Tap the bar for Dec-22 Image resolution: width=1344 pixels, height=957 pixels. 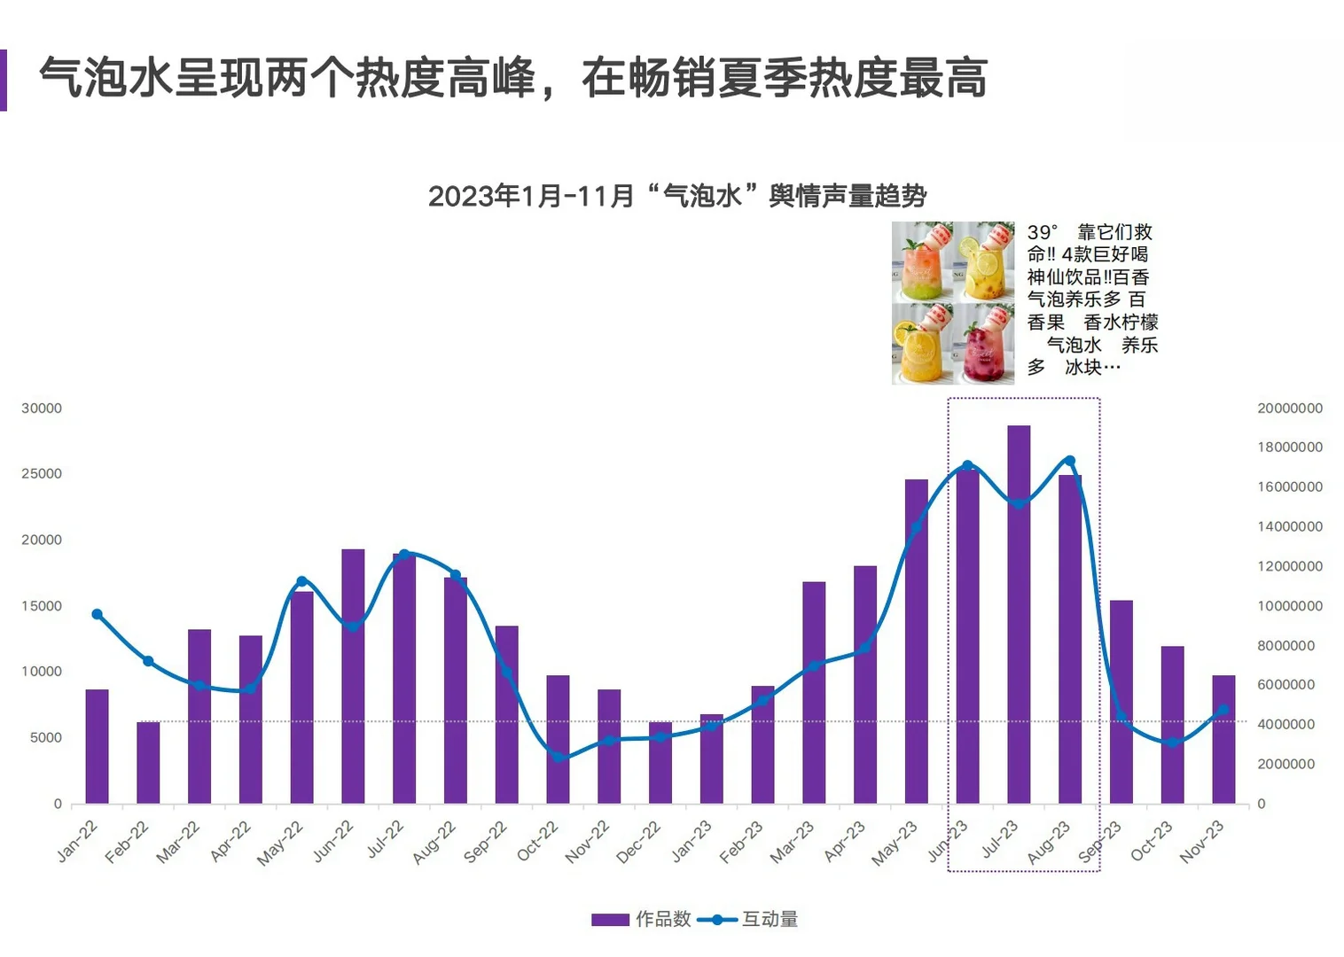(x=660, y=763)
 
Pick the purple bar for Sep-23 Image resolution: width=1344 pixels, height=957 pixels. (x=1121, y=702)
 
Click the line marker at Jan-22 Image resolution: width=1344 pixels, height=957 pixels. (x=97, y=614)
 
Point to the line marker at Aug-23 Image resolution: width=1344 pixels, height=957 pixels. (x=1069, y=461)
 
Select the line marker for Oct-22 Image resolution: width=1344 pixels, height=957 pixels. (x=558, y=758)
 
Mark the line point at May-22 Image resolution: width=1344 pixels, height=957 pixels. (x=301, y=581)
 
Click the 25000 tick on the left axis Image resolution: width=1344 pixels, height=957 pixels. (x=42, y=474)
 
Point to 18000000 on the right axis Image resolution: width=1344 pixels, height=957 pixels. (x=1289, y=447)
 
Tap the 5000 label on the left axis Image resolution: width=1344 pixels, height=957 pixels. (x=46, y=737)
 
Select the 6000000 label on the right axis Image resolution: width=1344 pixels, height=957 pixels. (x=1285, y=685)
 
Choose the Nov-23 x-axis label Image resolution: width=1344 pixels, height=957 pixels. (x=1201, y=842)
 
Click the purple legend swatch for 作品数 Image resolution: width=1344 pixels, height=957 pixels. (x=610, y=920)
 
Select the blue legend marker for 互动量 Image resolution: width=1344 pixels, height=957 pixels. (x=717, y=920)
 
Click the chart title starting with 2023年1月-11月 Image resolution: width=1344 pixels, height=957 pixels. (x=677, y=196)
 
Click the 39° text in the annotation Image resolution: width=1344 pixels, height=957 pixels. (x=1043, y=232)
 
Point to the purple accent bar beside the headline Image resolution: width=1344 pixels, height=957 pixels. (x=4, y=80)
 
